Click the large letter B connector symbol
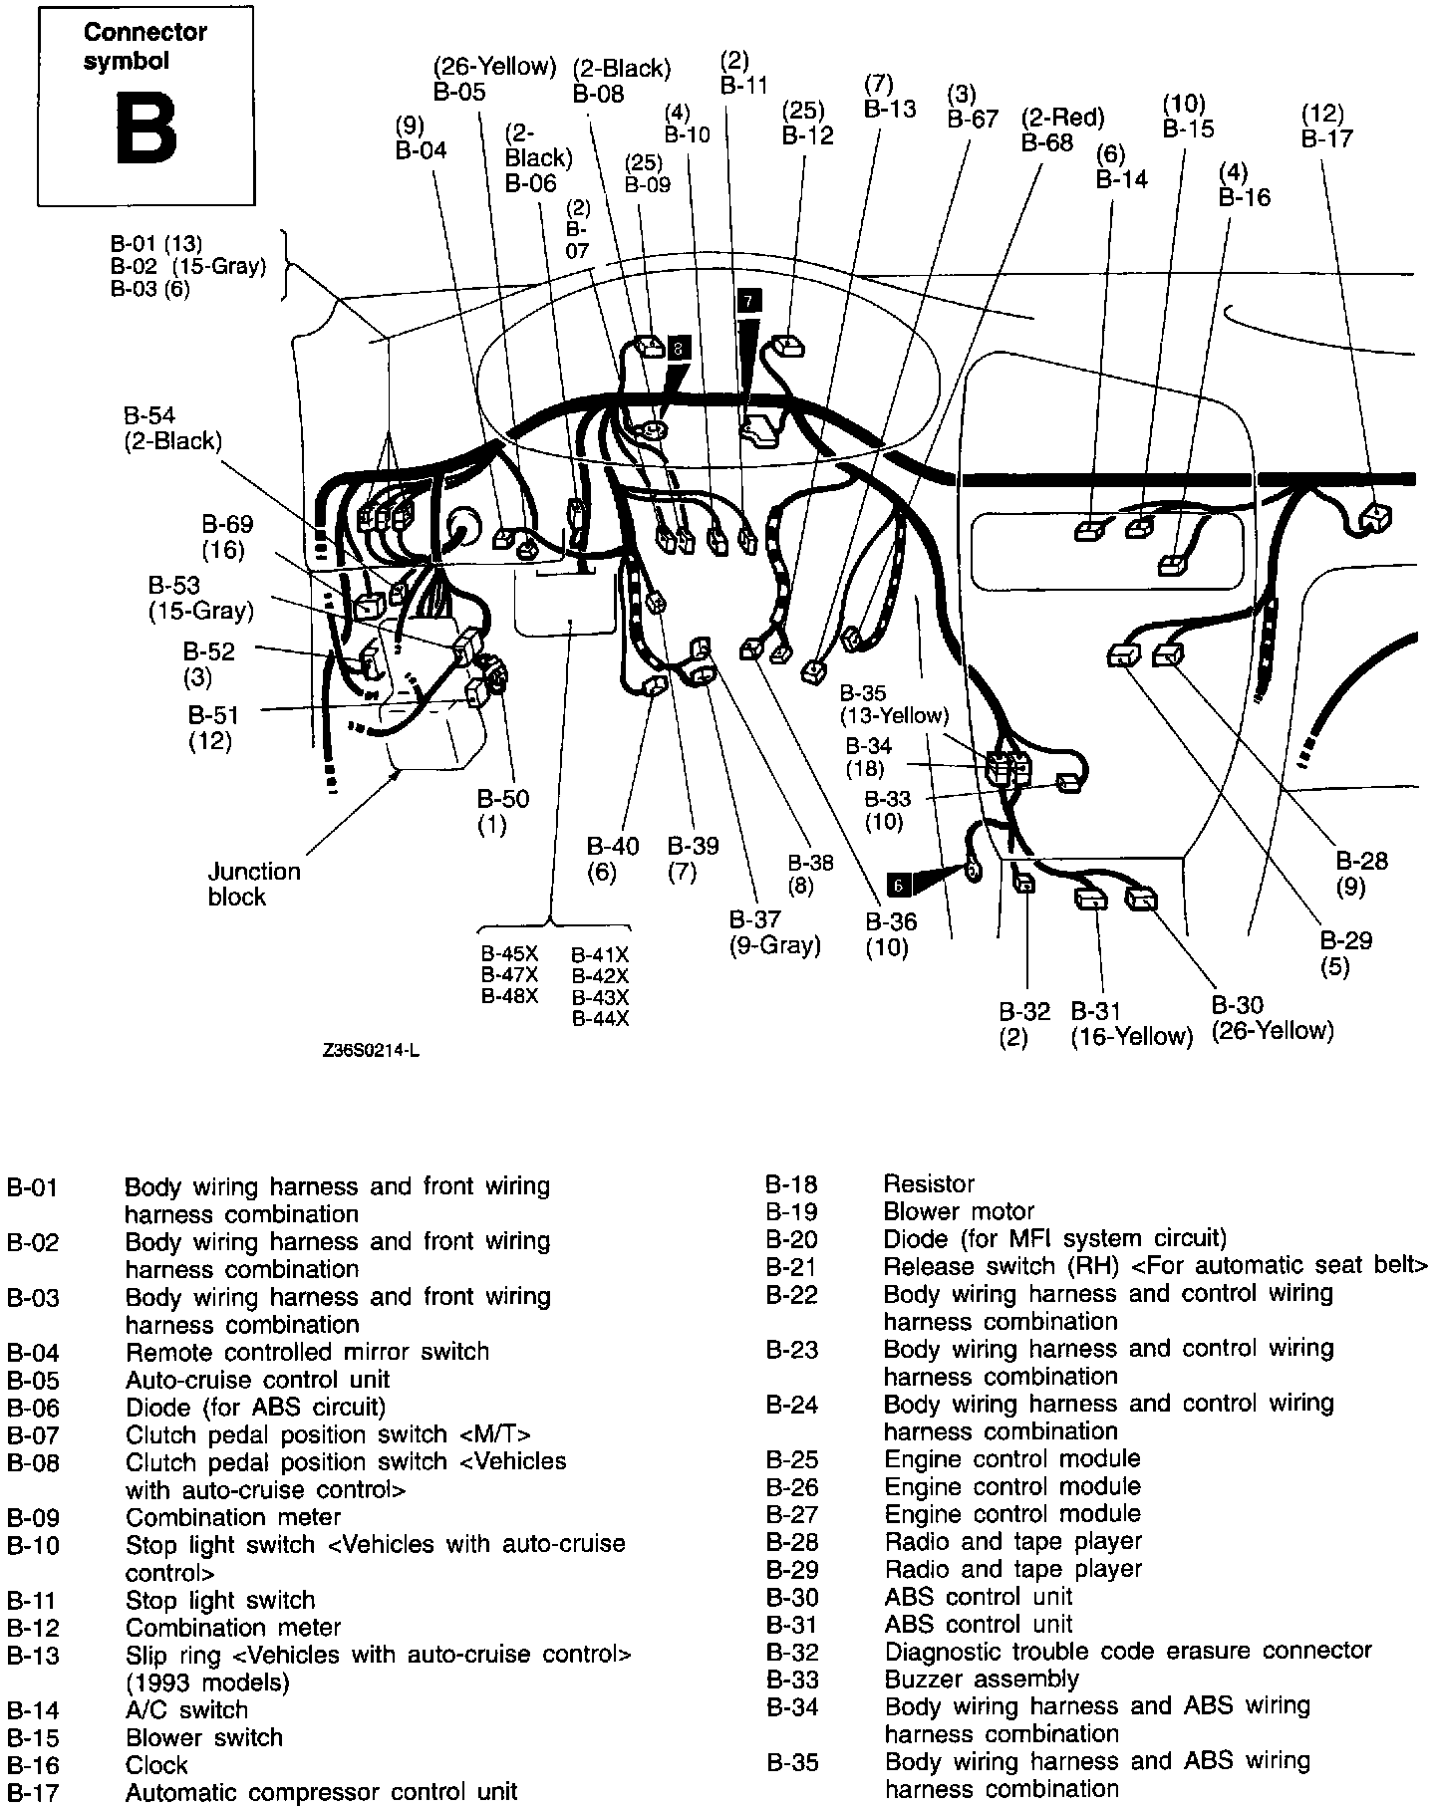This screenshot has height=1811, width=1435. (145, 129)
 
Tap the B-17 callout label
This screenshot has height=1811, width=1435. (1325, 137)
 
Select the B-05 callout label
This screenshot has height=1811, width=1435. (459, 92)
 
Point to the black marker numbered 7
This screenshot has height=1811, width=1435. (749, 299)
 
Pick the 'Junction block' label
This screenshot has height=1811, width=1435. (253, 884)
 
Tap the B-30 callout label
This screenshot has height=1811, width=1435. (1237, 1005)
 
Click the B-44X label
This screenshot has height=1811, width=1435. (600, 1018)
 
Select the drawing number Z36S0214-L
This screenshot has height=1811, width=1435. (371, 1050)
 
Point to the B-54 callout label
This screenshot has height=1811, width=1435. (149, 415)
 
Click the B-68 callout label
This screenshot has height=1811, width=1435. (1047, 142)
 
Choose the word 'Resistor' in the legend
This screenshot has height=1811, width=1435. (929, 1183)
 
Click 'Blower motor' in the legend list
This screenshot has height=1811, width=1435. (959, 1211)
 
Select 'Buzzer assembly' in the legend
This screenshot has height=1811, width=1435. (982, 1679)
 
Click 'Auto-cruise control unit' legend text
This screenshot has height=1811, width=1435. (257, 1380)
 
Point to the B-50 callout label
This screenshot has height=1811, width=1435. (502, 799)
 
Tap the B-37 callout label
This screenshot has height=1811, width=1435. (755, 918)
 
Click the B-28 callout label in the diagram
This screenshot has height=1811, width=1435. (1361, 861)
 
